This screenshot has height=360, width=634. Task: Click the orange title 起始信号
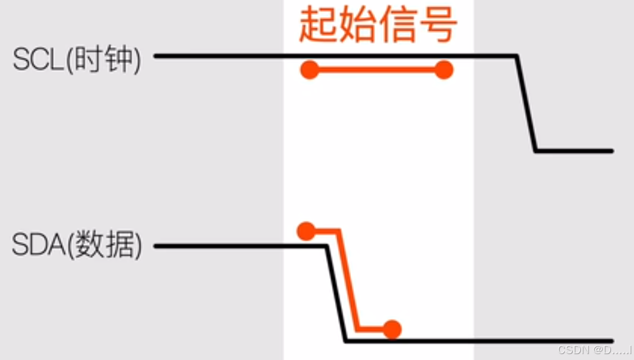[x=378, y=25]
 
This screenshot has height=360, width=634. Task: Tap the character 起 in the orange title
[x=319, y=25]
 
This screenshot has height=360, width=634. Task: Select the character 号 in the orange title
[x=438, y=25]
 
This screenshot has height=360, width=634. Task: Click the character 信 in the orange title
[x=398, y=25]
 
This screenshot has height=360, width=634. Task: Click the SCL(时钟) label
[x=77, y=60]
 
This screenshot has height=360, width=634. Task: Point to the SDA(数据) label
[x=77, y=246]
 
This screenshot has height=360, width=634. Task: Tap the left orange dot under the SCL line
[x=310, y=70]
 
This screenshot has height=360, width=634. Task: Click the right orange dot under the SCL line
[x=444, y=70]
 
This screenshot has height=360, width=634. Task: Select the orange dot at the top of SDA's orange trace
[x=306, y=231]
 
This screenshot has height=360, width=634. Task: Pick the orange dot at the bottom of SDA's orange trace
[x=392, y=329]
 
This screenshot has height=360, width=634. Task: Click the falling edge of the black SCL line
[x=527, y=103]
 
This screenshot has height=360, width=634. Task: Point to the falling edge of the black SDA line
[x=336, y=293]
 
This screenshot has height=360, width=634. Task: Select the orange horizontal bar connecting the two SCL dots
[x=377, y=70]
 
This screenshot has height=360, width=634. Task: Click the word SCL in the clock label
[x=38, y=60]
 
